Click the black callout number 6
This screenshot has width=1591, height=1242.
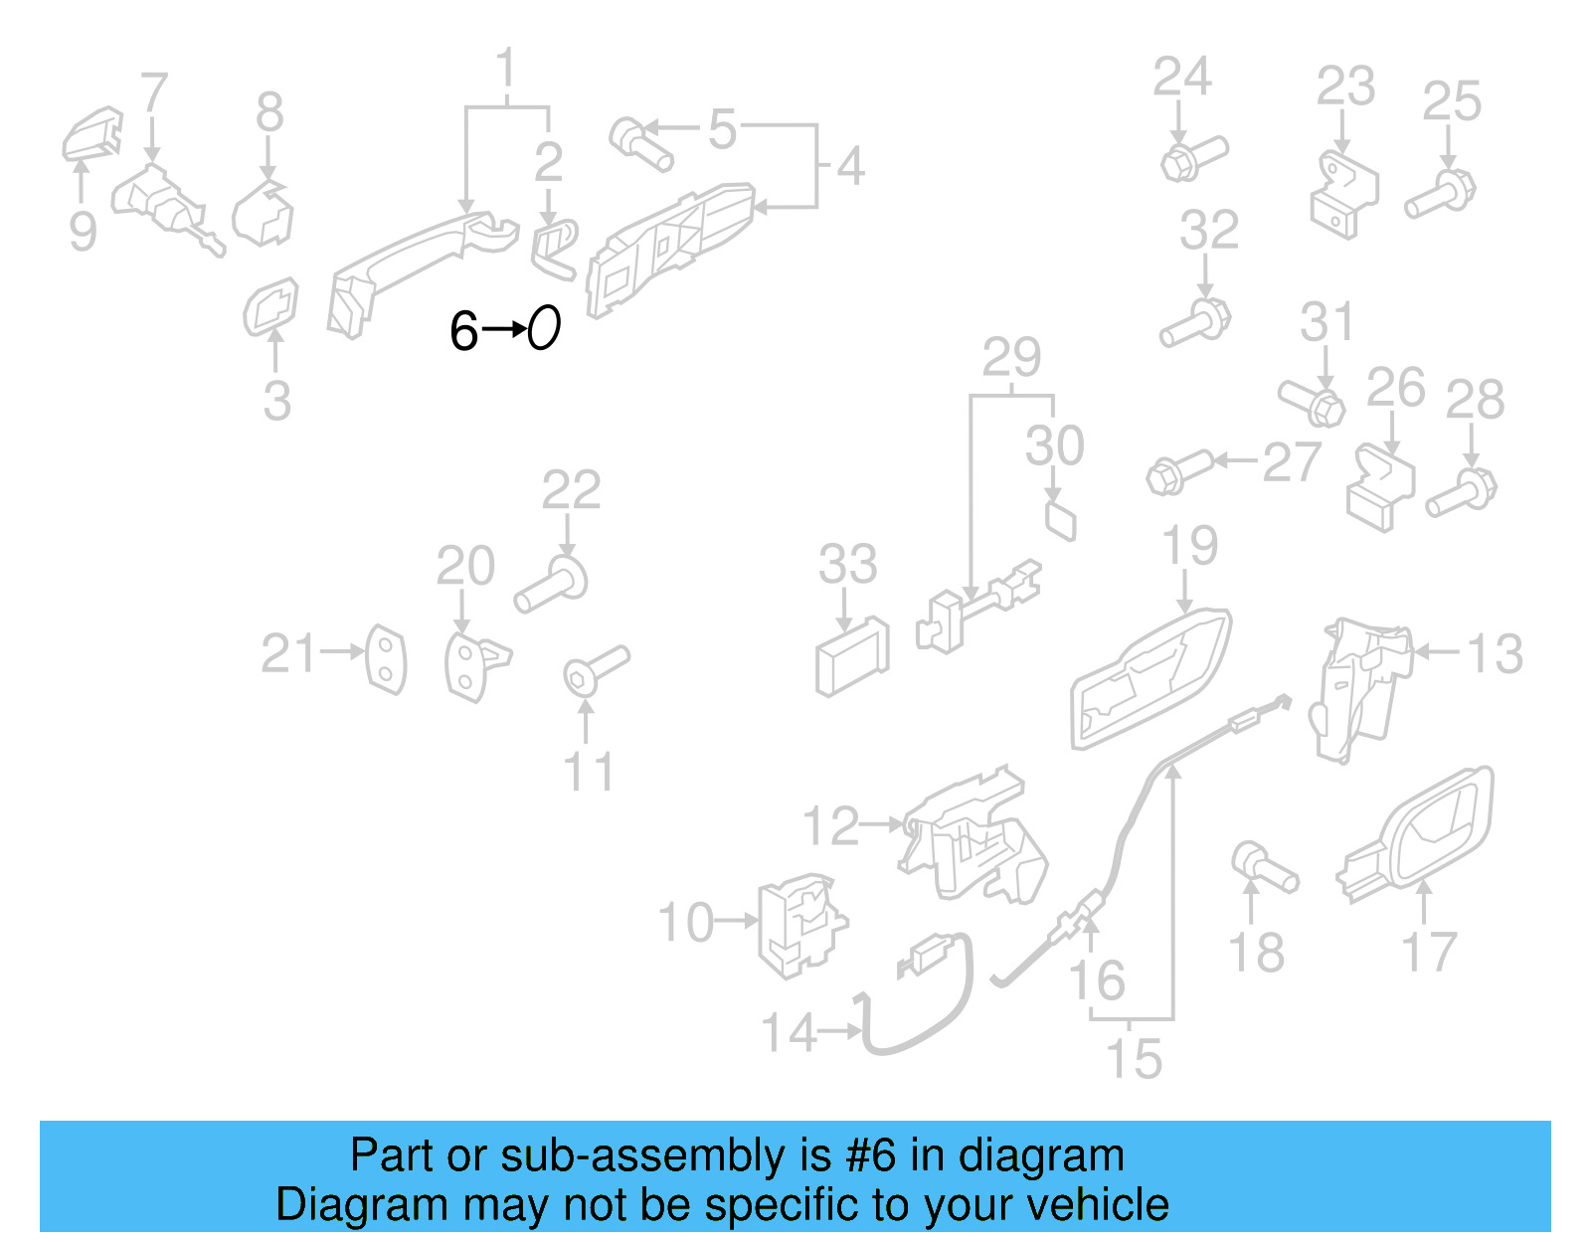click(463, 331)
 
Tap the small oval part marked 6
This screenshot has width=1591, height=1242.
click(544, 327)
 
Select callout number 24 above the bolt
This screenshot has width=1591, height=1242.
click(1181, 78)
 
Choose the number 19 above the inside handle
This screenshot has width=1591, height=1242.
click(1189, 546)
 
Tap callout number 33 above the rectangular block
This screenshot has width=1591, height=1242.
click(847, 565)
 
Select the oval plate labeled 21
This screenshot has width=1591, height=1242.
click(386, 658)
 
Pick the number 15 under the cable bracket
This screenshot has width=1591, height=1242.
click(1134, 1059)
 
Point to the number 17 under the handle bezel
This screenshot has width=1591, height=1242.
click(1429, 952)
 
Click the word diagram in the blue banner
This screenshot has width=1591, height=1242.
click(1041, 1156)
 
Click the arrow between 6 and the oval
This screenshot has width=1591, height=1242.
click(505, 328)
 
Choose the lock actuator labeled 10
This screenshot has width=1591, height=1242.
click(797, 925)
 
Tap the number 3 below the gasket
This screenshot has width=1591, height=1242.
click(277, 401)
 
